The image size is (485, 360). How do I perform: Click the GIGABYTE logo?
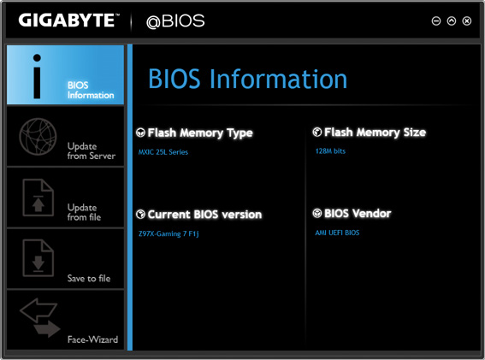[x=68, y=21]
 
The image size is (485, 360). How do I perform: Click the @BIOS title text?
[x=175, y=21]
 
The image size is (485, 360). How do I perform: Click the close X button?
[x=467, y=21]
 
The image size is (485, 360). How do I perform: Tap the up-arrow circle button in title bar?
[x=452, y=21]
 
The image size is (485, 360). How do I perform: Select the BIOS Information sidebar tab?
[x=65, y=75]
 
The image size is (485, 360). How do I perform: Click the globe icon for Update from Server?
[x=38, y=137]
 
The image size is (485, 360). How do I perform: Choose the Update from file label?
[x=84, y=212]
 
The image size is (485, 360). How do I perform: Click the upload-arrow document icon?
[x=38, y=198]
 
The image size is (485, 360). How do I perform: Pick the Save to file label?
[x=89, y=279]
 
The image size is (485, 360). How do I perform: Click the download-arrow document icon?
[x=38, y=258]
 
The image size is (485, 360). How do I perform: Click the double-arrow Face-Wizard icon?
[x=40, y=317]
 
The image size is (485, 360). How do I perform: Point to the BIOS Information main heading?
[x=247, y=79]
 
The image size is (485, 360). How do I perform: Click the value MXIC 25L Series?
[x=163, y=152]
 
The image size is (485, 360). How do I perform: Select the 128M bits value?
[x=330, y=151]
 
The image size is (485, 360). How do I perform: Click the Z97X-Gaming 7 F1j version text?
[x=169, y=233]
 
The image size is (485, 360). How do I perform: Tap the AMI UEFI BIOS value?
[x=337, y=233]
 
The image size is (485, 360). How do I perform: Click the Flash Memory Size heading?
[x=375, y=133]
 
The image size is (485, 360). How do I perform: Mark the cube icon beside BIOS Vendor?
[x=317, y=213]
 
